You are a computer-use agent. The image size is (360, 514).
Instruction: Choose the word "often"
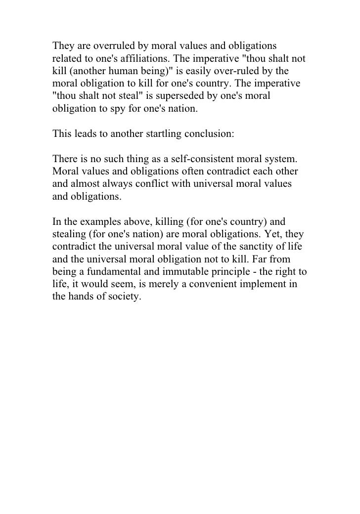pos(184,170)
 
